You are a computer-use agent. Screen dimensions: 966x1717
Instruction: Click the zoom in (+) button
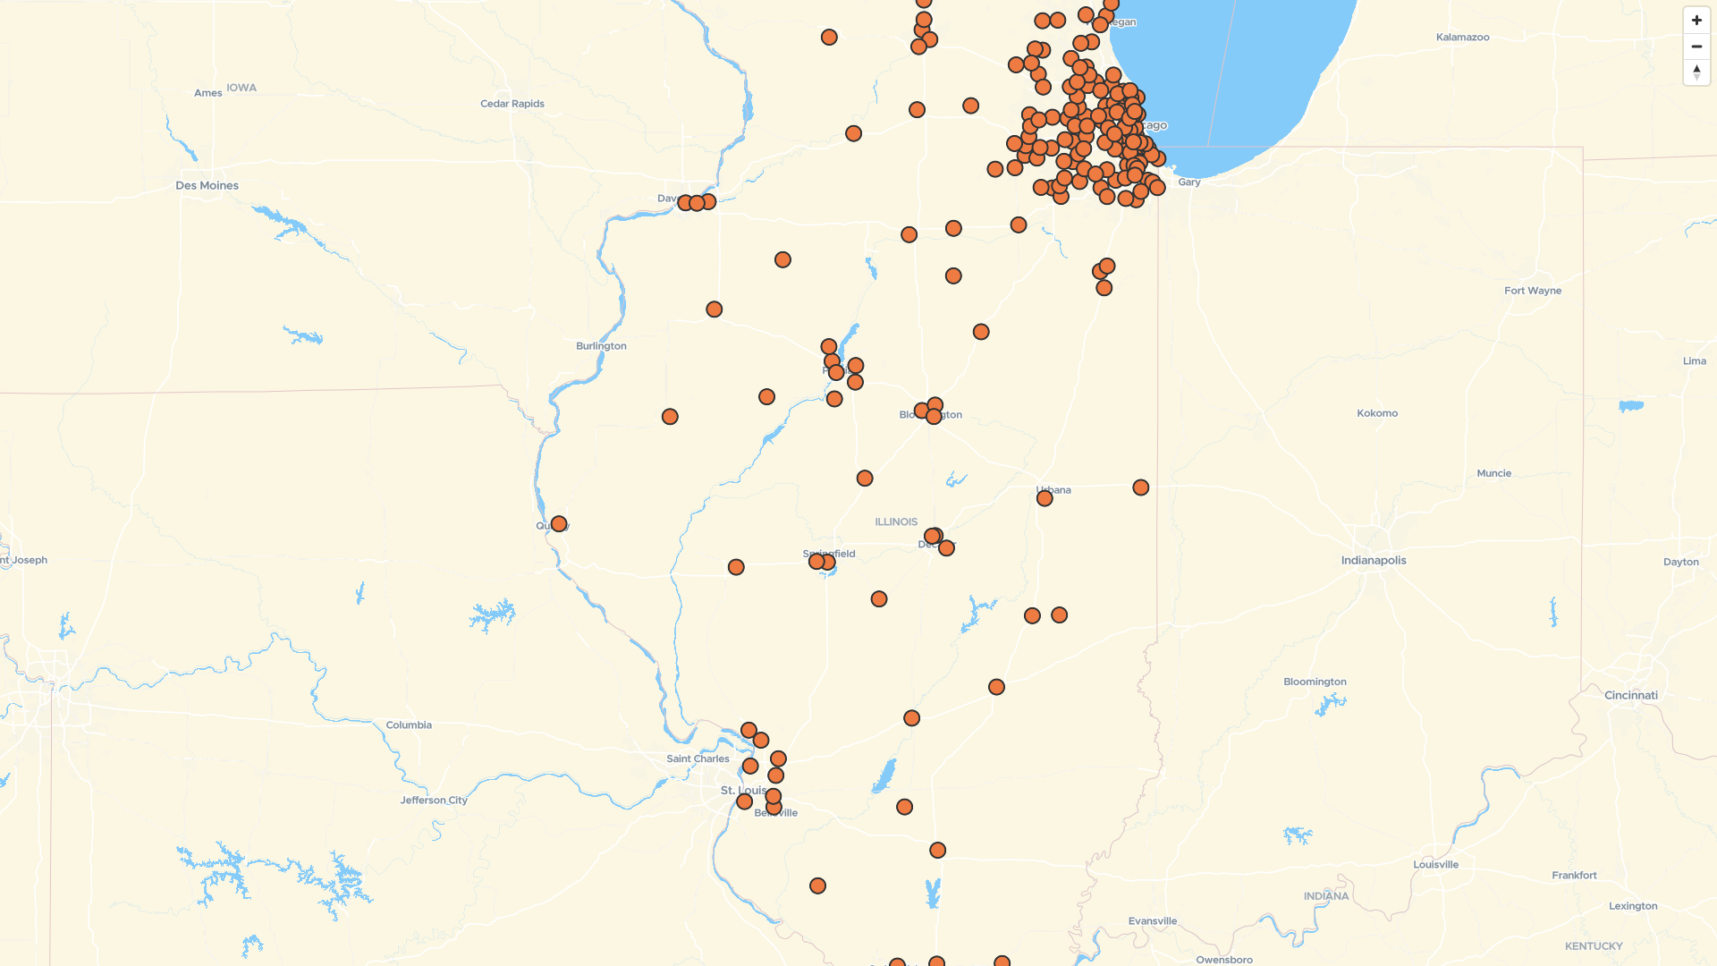pyautogui.click(x=1696, y=21)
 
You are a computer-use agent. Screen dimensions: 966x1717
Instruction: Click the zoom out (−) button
pyautogui.click(x=1696, y=47)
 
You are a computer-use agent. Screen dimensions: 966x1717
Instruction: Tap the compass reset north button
pyautogui.click(x=1696, y=72)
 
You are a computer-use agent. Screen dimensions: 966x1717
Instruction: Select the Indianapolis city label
pyautogui.click(x=1374, y=561)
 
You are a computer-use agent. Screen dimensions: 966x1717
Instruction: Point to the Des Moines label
pyautogui.click(x=207, y=186)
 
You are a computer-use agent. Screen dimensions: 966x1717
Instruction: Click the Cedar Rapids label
pyautogui.click(x=512, y=104)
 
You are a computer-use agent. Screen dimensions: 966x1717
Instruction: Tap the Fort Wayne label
pyautogui.click(x=1533, y=291)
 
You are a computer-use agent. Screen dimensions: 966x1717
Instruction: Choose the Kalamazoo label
pyautogui.click(x=1462, y=38)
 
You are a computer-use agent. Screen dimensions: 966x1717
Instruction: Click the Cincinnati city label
pyautogui.click(x=1631, y=696)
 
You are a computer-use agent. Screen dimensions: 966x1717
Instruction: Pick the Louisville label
pyautogui.click(x=1435, y=865)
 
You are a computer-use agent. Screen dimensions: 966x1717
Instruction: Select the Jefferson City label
pyautogui.click(x=434, y=801)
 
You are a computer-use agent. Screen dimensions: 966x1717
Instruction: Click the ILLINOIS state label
pyautogui.click(x=896, y=522)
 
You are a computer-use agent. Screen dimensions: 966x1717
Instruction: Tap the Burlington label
pyautogui.click(x=601, y=346)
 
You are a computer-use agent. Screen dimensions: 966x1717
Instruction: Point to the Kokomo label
pyautogui.click(x=1377, y=413)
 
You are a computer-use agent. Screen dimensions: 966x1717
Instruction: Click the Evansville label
pyautogui.click(x=1153, y=921)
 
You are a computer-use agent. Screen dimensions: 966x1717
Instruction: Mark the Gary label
pyautogui.click(x=1189, y=182)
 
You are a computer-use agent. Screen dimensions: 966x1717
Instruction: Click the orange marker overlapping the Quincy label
pyautogui.click(x=559, y=524)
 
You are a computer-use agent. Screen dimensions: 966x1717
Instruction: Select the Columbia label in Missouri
pyautogui.click(x=409, y=725)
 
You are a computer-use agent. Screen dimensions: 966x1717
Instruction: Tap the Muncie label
pyautogui.click(x=1494, y=474)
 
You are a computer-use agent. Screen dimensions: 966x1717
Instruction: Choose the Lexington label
pyautogui.click(x=1633, y=906)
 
